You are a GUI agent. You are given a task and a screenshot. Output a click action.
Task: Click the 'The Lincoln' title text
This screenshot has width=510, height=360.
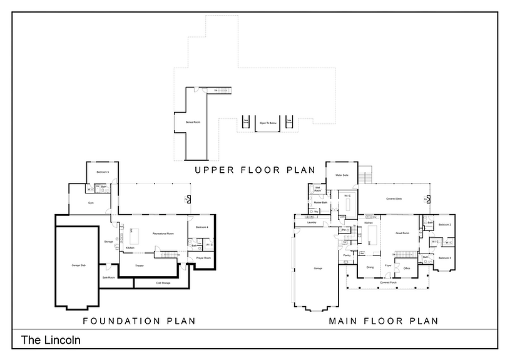tap(51, 341)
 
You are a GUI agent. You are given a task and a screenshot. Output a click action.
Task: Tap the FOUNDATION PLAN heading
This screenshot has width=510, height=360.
tap(140, 321)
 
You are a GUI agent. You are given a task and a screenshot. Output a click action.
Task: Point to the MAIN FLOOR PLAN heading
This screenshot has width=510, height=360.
tap(384, 321)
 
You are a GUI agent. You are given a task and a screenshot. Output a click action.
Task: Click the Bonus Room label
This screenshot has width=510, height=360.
tap(193, 122)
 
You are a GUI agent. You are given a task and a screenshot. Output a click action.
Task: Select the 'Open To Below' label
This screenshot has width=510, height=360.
tap(268, 123)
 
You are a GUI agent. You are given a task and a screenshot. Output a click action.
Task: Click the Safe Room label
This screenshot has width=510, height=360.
tap(108, 277)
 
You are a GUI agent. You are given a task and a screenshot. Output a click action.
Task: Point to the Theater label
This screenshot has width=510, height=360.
tap(139, 265)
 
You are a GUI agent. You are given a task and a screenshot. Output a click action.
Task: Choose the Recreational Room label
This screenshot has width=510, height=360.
tap(163, 234)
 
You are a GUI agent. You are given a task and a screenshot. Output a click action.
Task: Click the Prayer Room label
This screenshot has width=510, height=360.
tap(203, 258)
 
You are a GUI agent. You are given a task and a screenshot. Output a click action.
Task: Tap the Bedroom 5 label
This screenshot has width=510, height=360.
tap(103, 172)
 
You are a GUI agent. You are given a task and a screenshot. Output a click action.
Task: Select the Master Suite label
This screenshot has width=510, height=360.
tap(342, 175)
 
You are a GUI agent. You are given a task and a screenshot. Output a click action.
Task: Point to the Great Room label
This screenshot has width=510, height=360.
tap(402, 233)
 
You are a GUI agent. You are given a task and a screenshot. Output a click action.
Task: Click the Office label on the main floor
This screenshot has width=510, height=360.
tap(406, 269)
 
